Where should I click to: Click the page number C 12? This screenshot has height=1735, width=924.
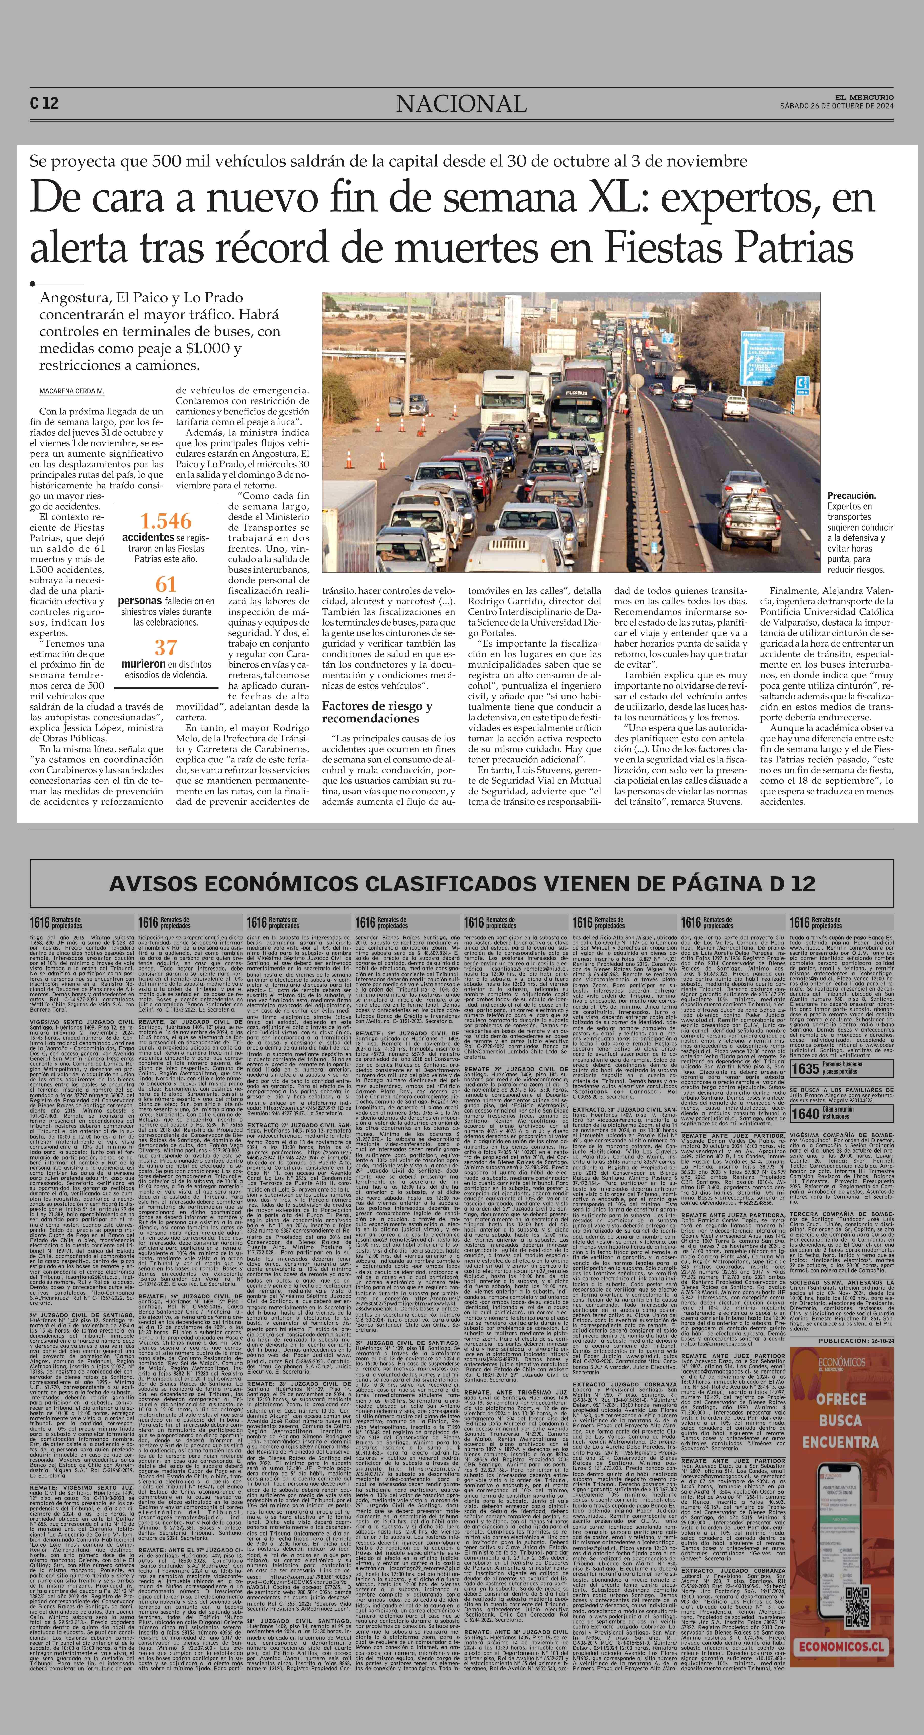(44, 103)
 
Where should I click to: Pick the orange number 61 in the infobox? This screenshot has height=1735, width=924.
(166, 584)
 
